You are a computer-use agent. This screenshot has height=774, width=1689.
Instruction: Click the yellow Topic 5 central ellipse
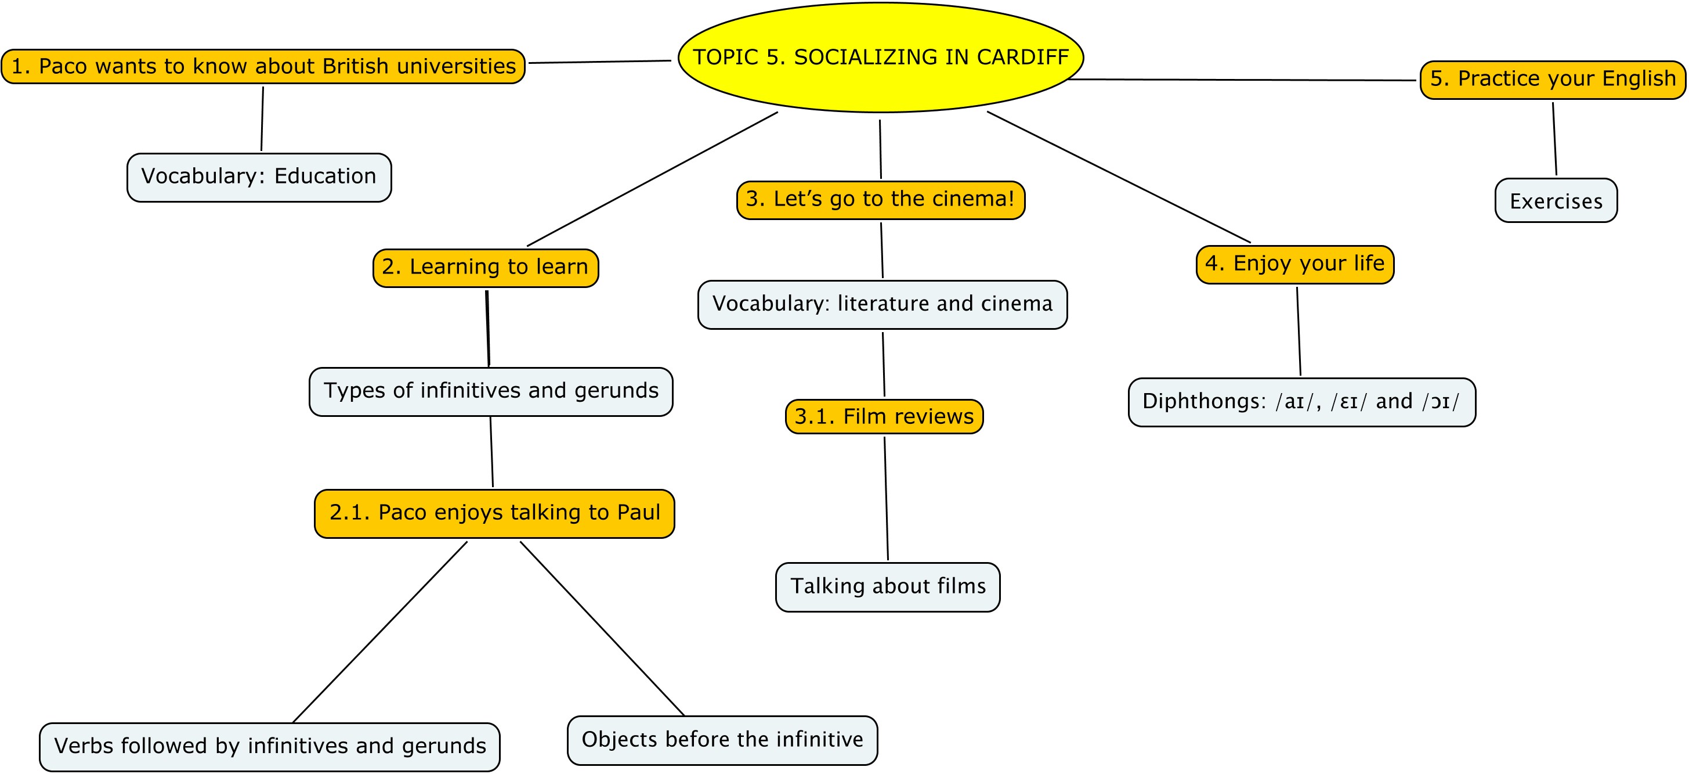(x=881, y=57)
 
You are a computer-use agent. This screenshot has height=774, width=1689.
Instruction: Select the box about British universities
(x=263, y=66)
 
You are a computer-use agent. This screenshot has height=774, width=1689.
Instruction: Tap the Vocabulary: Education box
(x=259, y=177)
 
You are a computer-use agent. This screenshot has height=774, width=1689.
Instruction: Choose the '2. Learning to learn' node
(x=486, y=268)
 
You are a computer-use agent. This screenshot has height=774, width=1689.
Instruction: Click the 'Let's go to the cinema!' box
(x=881, y=199)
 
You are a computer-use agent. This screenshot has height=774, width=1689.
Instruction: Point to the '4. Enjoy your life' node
(x=1295, y=264)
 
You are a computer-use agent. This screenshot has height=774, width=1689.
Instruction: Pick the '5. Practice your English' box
(x=1553, y=80)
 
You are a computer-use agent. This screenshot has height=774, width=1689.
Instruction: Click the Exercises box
(x=1556, y=200)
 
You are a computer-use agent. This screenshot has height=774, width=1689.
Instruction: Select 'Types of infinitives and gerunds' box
(x=491, y=391)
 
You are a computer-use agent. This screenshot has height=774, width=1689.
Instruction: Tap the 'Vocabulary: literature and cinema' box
(x=883, y=304)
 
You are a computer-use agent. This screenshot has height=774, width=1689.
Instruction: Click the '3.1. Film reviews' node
(x=884, y=416)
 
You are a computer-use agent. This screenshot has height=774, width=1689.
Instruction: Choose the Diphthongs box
(x=1301, y=402)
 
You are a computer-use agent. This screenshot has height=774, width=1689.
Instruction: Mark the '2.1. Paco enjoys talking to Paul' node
(x=494, y=514)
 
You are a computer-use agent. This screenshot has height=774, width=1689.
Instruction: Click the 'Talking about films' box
(x=888, y=587)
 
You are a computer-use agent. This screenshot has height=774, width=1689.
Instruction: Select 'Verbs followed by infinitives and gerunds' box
(x=269, y=747)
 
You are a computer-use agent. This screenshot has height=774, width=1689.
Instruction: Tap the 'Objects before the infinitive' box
(x=722, y=740)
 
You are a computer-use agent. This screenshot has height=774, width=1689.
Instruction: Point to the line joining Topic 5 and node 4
(x=1119, y=177)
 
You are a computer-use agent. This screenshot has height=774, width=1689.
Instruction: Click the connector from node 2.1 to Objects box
(x=602, y=628)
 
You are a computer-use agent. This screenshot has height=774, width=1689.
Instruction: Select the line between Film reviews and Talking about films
(x=886, y=499)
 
